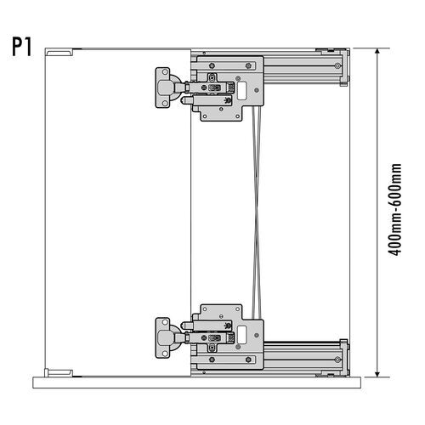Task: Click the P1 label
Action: point(22,45)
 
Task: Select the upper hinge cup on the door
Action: point(164,88)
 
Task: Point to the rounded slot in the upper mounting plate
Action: point(241,89)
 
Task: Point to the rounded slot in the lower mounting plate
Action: point(241,333)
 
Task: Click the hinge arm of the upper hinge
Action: point(190,88)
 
